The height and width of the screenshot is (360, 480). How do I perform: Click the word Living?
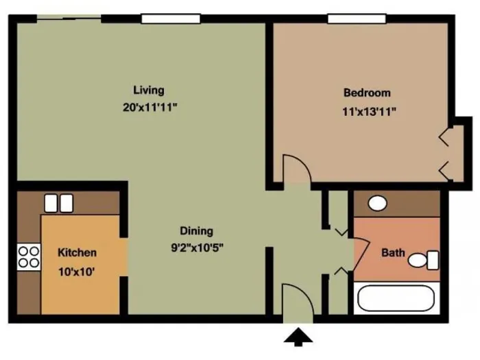pyautogui.click(x=149, y=91)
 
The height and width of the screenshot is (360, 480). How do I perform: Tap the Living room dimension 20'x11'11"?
pyautogui.click(x=150, y=108)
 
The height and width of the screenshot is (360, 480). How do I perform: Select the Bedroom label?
pyautogui.click(x=367, y=93)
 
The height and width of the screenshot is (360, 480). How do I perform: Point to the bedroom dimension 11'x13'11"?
pyautogui.click(x=369, y=112)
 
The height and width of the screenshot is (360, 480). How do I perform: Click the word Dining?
pyautogui.click(x=197, y=231)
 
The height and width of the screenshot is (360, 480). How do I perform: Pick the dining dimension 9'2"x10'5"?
pyautogui.click(x=197, y=248)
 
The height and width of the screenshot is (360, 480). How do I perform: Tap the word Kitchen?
pyautogui.click(x=77, y=253)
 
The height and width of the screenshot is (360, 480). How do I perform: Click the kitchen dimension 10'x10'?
pyautogui.click(x=77, y=272)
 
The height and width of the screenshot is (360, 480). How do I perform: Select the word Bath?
pyautogui.click(x=393, y=253)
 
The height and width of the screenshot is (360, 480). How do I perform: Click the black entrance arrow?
pyautogui.click(x=298, y=337)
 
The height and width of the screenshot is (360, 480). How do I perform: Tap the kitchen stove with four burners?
pyautogui.click(x=29, y=257)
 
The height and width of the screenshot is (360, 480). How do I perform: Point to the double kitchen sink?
pyautogui.click(x=59, y=203)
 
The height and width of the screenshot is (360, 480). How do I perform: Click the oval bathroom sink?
pyautogui.click(x=377, y=203)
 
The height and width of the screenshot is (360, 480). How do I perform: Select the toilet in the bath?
pyautogui.click(x=423, y=260)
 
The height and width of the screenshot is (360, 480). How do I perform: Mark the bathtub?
pyautogui.click(x=396, y=298)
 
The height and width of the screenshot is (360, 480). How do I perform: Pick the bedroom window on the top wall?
pyautogui.click(x=357, y=19)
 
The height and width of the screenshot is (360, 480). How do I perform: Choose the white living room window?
pyautogui.click(x=171, y=19)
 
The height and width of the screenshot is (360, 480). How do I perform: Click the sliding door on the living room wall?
pyautogui.click(x=69, y=19)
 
